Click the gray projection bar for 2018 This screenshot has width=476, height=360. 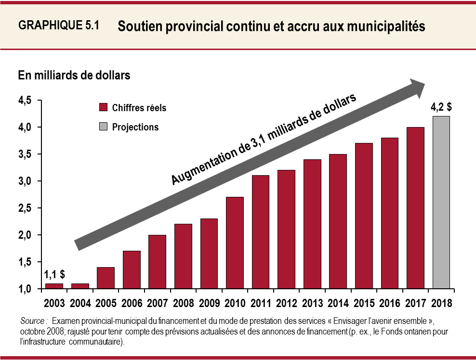click(x=441, y=202)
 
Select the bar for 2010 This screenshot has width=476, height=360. click(x=235, y=243)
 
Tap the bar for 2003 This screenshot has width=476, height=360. click(x=54, y=286)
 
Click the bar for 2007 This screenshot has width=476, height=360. click(x=157, y=262)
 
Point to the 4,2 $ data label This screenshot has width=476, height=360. click(x=441, y=107)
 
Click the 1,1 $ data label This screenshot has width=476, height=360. click(x=54, y=275)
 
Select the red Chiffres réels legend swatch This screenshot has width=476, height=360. click(x=103, y=108)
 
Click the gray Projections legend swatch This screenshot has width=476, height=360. click(x=103, y=127)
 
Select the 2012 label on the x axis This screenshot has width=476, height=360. click(x=286, y=304)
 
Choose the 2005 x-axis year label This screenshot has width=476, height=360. click(x=106, y=304)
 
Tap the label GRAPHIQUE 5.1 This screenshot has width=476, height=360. click(x=58, y=26)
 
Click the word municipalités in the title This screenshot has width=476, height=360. click(x=385, y=26)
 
